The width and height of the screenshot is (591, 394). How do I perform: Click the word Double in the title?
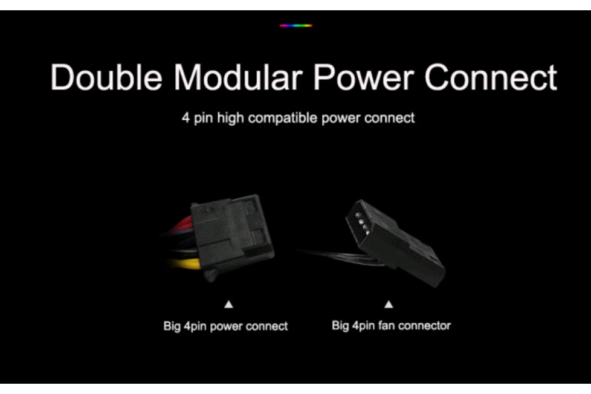coord(107,77)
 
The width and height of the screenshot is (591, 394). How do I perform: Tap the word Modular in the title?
coord(238,77)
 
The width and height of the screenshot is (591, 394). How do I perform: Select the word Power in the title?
coord(364,77)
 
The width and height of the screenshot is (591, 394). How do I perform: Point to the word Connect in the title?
coord(491,77)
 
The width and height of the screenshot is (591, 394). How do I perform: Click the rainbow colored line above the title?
coord(296,25)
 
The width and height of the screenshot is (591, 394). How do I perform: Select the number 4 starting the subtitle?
coord(186,118)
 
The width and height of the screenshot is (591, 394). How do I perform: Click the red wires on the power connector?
coord(182,225)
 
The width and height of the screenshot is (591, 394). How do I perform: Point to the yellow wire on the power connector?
coord(186,263)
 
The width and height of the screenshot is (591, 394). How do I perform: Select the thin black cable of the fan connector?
coord(341,257)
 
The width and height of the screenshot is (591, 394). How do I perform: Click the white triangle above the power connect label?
coord(228,305)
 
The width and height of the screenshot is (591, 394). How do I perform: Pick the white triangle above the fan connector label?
coord(389,304)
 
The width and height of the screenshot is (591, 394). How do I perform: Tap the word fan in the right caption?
coord(385,325)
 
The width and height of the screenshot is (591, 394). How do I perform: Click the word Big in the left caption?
coord(172,326)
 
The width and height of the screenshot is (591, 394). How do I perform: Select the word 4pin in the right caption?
coord(363,326)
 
